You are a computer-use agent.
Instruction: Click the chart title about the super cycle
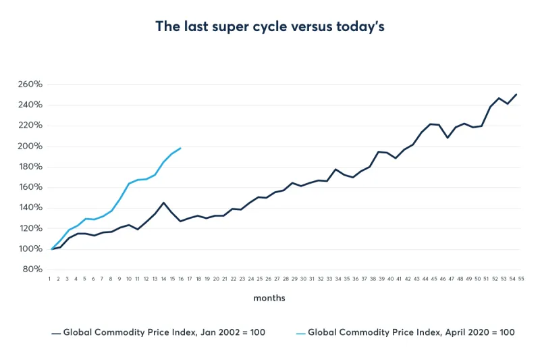(x=270, y=26)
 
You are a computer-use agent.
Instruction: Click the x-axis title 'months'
(x=268, y=298)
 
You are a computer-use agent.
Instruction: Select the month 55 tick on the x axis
(x=521, y=278)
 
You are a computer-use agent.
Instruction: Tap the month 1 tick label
(x=51, y=278)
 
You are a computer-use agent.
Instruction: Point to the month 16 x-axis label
(x=181, y=278)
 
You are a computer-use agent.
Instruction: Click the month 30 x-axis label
(x=303, y=278)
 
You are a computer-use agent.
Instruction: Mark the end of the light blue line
(x=181, y=148)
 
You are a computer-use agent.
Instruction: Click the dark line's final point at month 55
(x=517, y=94)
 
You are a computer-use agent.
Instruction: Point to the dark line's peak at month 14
(x=164, y=202)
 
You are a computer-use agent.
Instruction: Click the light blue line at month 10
(x=129, y=183)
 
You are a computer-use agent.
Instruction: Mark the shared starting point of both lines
(x=51, y=249)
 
